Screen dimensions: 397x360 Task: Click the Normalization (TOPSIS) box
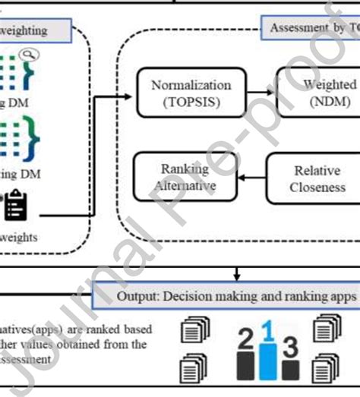(x=191, y=92)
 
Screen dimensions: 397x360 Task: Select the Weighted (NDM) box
(x=319, y=92)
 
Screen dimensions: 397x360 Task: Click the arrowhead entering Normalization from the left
(x=131, y=92)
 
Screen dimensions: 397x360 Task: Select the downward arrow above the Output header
(x=238, y=272)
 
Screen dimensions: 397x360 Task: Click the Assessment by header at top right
(x=313, y=29)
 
